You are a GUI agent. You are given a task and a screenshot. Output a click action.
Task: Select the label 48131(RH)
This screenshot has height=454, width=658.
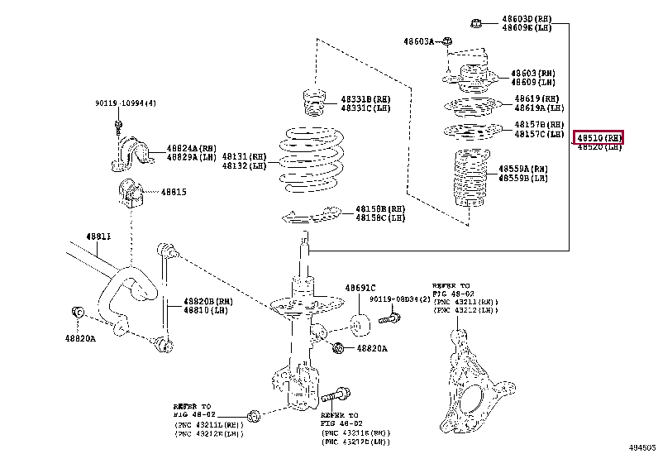coord(244,155)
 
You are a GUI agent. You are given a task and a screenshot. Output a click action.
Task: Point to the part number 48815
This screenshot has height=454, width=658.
coord(174,192)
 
